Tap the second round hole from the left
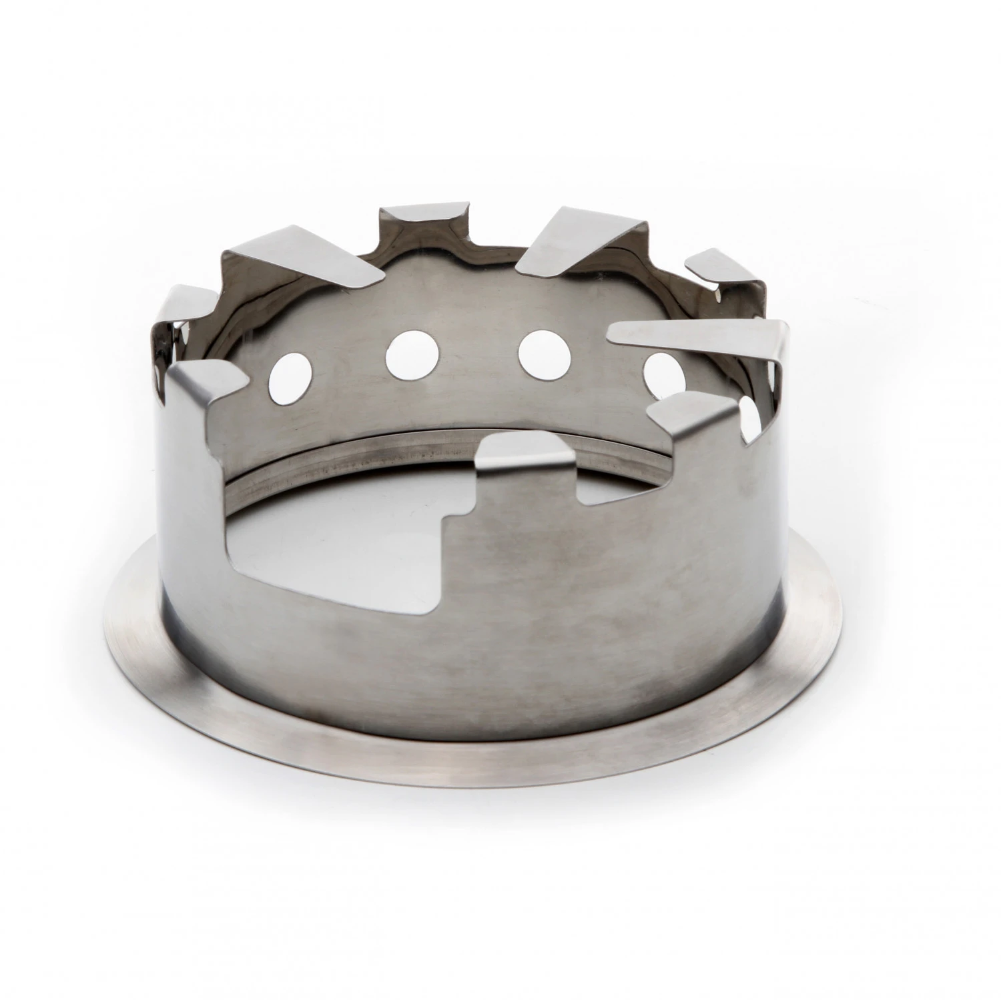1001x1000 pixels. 411,353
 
